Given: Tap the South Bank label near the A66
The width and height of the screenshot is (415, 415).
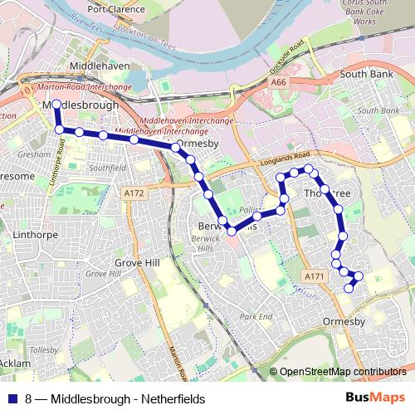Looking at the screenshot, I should pyautogui.click(x=365, y=75).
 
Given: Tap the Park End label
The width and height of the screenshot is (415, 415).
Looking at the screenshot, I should pyautogui.click(x=256, y=317).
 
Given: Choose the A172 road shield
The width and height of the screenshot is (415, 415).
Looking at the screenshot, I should pyautogui.click(x=133, y=193).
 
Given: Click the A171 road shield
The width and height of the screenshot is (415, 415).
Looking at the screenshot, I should pyautogui.click(x=313, y=276).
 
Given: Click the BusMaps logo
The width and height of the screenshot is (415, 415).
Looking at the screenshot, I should pyautogui.click(x=376, y=398).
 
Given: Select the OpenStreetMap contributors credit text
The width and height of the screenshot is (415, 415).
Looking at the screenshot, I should pyautogui.click(x=342, y=373).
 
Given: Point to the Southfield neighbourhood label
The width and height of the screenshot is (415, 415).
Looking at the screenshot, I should pyautogui.click(x=106, y=168).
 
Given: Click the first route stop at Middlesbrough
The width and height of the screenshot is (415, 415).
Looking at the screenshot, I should pyautogui.click(x=57, y=105).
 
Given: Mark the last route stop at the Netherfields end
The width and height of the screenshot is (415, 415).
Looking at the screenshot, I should pyautogui.click(x=348, y=288).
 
